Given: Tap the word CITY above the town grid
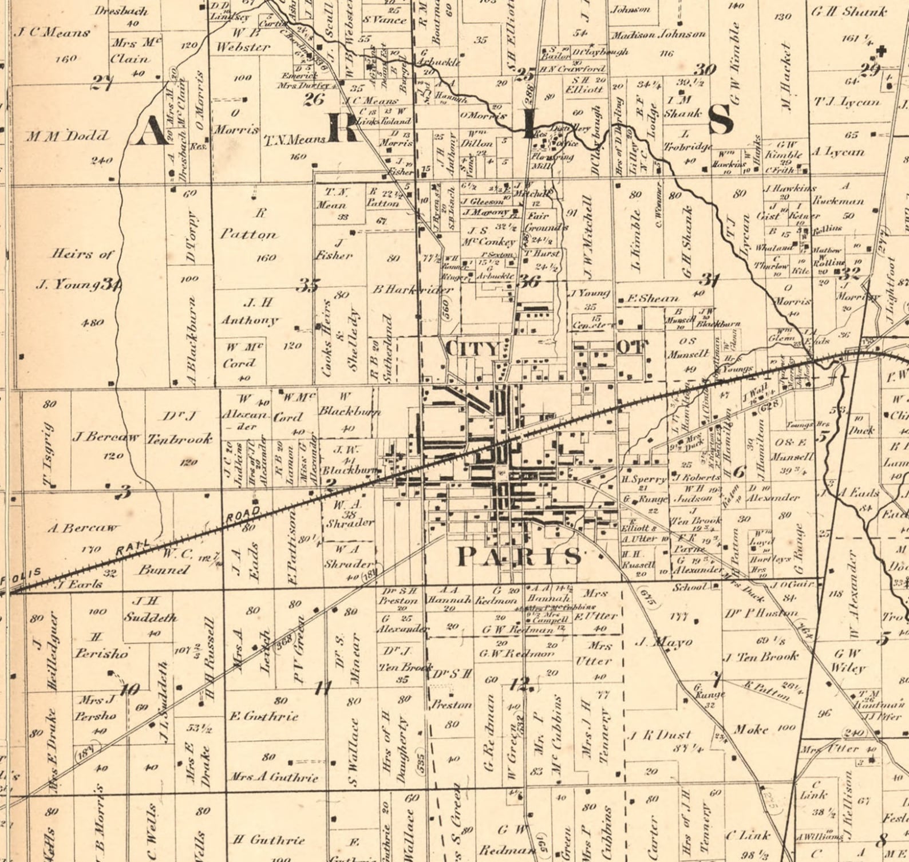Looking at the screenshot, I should (x=473, y=348).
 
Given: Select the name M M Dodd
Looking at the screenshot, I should (x=66, y=136).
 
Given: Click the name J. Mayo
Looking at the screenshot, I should (x=664, y=642).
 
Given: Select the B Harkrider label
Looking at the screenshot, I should (x=412, y=290).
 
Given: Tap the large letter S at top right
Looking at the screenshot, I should (x=720, y=120).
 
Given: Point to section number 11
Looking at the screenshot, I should (x=323, y=689).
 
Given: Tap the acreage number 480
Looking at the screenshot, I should (x=92, y=323).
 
